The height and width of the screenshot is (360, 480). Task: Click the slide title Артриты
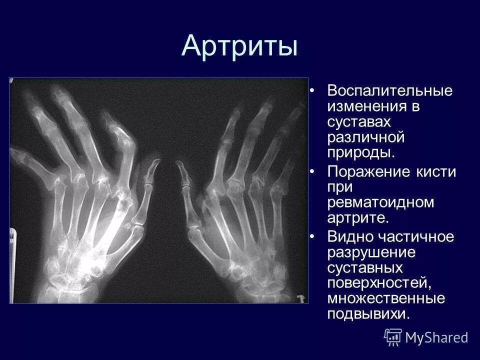coord(239,46)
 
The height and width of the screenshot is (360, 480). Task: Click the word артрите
coord(357,218)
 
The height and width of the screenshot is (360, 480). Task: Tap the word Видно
coord(349,237)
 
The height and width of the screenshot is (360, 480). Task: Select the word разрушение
coord(371,252)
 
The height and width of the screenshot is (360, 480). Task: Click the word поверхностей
coord(379,283)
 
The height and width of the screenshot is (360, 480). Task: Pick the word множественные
coord(386,298)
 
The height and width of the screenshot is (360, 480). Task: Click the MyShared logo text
coord(436,337)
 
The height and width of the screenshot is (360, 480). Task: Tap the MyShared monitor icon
coord(393,337)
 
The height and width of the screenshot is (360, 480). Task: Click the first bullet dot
coord(312,91)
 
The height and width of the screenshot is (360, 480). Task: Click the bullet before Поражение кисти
coord(312,172)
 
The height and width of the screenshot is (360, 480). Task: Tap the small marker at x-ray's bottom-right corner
coord(300,298)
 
